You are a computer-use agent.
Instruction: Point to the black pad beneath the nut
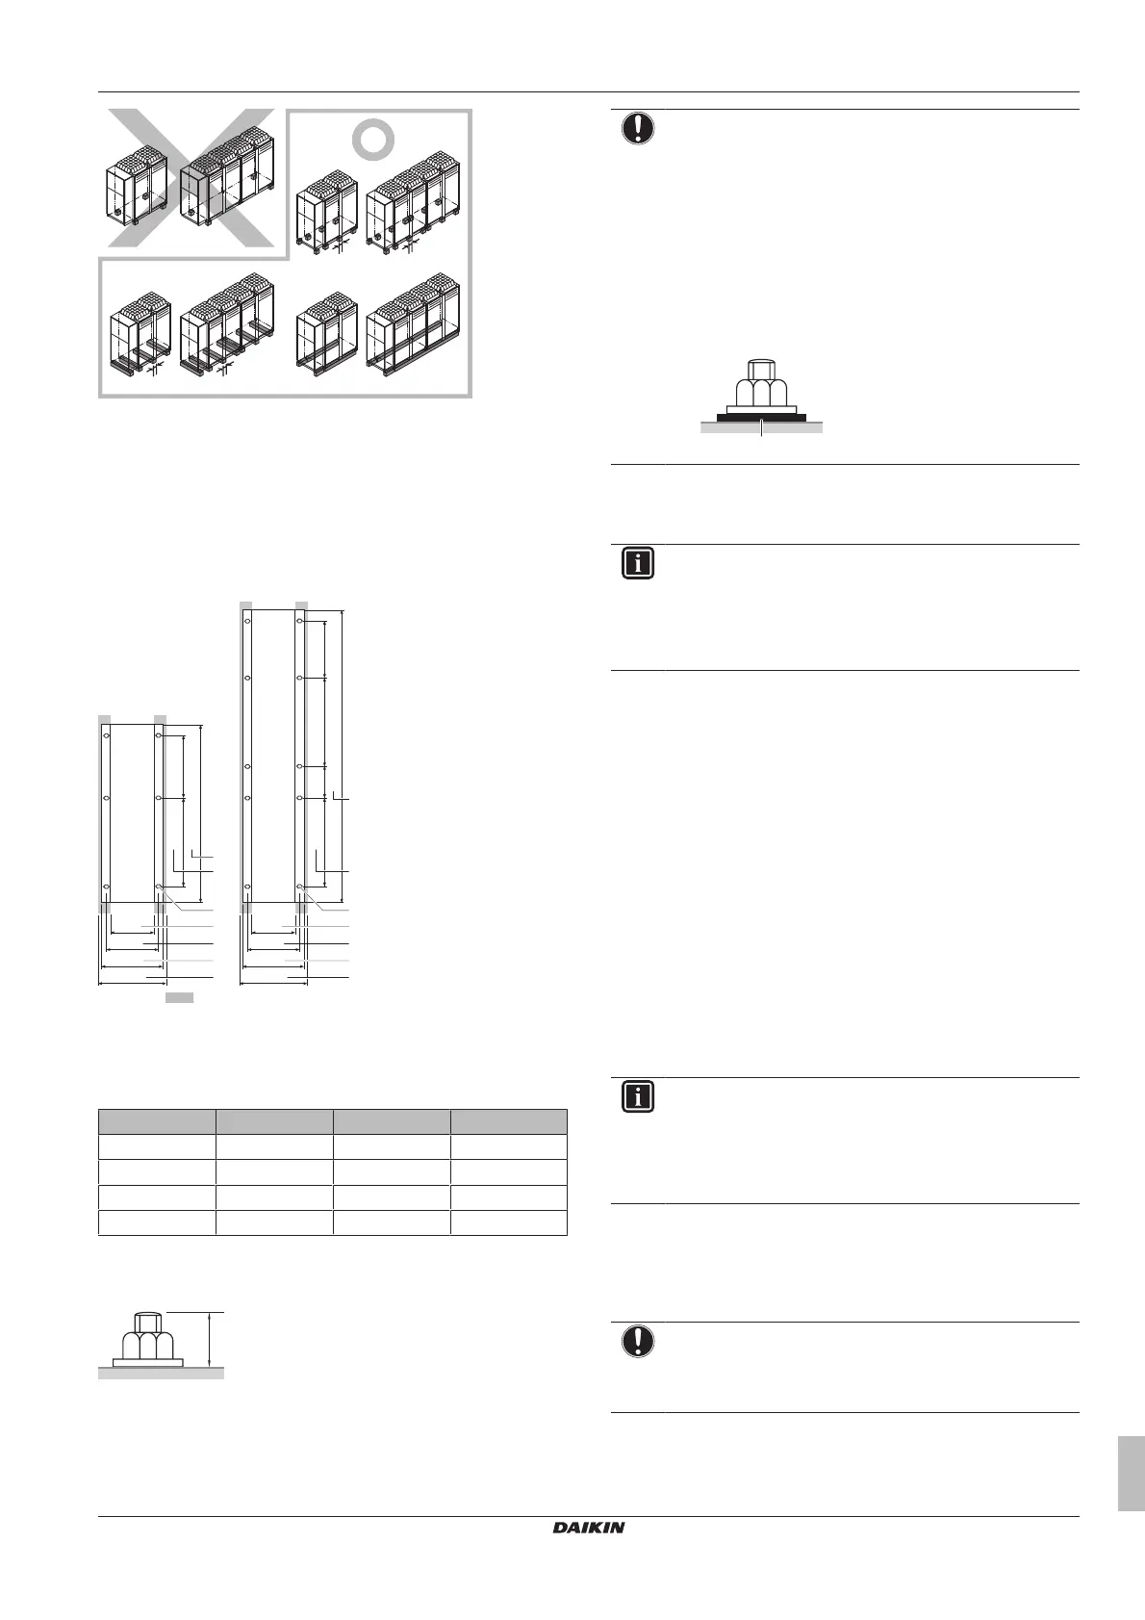[x=760, y=418]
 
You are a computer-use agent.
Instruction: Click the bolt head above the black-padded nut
[x=760, y=370]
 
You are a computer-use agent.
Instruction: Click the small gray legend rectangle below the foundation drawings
[x=179, y=998]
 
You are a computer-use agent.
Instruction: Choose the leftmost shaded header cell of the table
[x=157, y=1121]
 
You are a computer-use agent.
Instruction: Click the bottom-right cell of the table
[x=508, y=1222]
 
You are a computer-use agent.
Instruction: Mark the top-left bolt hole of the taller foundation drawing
[x=247, y=622]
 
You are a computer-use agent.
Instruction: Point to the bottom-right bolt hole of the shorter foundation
[x=159, y=886]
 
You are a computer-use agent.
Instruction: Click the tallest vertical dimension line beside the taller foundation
[x=341, y=756]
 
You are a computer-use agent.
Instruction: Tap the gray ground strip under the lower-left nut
[x=161, y=1374]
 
